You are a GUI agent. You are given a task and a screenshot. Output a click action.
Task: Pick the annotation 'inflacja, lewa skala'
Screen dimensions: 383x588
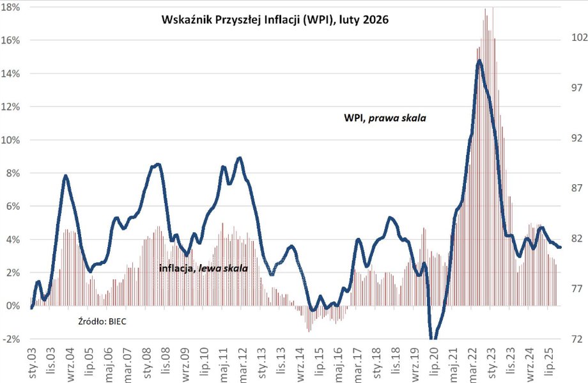coord(203,269)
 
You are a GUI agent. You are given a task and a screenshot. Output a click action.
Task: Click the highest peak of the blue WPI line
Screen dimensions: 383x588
coord(479,61)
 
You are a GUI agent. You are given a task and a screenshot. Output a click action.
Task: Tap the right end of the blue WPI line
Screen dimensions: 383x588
coord(560,247)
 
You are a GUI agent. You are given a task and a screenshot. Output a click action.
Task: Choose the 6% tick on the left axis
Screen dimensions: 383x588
coord(13,207)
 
